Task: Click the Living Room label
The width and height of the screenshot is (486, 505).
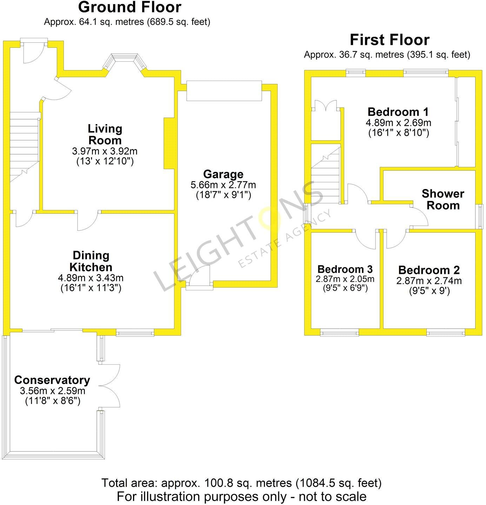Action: [105, 134]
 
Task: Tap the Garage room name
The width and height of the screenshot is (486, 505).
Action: [223, 174]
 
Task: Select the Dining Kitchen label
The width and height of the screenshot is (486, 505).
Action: [91, 261]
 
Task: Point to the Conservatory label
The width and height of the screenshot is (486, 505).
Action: [52, 380]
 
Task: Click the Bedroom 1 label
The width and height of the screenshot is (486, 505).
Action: [398, 112]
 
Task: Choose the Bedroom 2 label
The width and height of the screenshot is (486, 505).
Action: [429, 270]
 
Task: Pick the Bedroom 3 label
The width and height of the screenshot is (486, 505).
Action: [345, 269]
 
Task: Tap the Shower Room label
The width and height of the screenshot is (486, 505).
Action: [443, 200]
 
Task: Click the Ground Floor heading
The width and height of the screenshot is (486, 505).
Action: [129, 7]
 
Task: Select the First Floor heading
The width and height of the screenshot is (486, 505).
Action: [390, 40]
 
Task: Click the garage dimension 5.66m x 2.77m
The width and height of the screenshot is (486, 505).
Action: [223, 185]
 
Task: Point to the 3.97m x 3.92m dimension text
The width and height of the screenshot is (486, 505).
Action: [105, 151]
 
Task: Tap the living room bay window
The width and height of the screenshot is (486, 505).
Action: [125, 62]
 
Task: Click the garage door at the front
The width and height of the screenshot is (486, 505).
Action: [224, 91]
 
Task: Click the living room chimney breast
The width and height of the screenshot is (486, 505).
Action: [169, 143]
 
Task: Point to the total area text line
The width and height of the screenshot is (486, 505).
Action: [241, 483]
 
